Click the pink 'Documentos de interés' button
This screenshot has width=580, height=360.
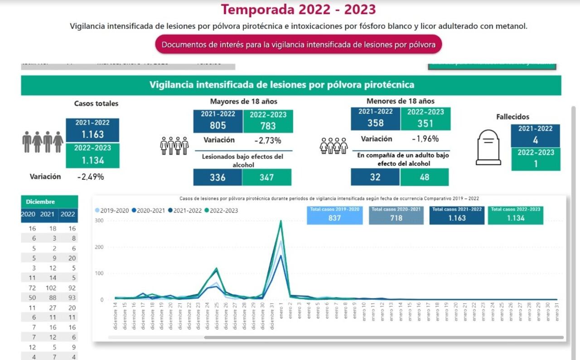[298, 45]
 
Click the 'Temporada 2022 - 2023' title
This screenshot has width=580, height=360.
[298, 10]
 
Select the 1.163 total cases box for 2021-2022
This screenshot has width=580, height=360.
[92, 130]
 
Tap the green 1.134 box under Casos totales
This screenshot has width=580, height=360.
[92, 156]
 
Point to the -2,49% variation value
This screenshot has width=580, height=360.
[90, 177]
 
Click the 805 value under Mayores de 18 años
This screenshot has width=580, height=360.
[218, 121]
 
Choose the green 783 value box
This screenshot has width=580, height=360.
[268, 121]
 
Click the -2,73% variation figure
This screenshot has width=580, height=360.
[267, 140]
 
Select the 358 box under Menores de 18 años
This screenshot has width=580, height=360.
[375, 119]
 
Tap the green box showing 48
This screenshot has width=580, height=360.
[424, 177]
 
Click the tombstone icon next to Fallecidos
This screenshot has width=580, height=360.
[488, 148]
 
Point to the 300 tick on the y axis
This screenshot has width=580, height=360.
[99, 221]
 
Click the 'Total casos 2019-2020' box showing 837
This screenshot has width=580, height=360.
[334, 216]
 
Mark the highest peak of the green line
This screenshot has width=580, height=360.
[280, 221]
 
